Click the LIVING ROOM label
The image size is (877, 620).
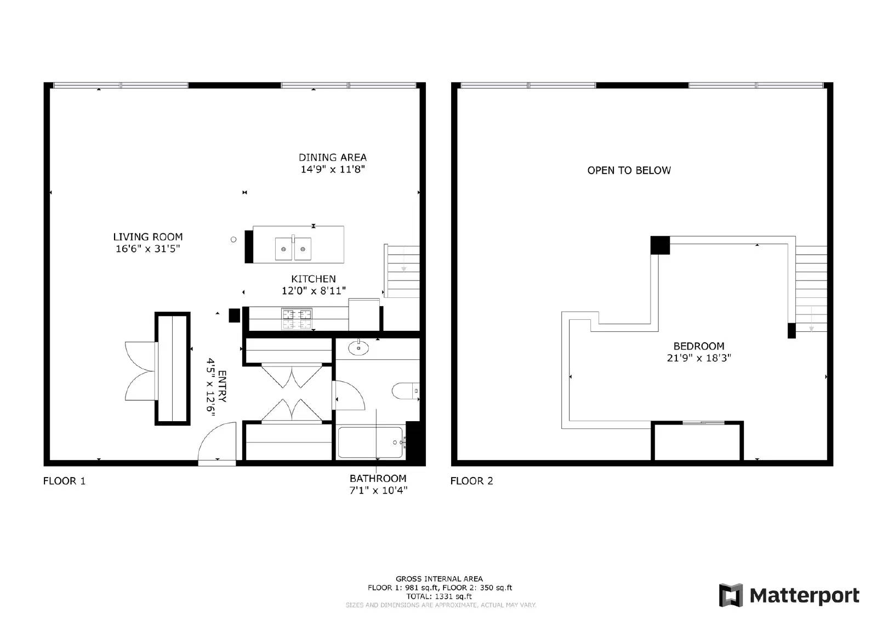[147, 237]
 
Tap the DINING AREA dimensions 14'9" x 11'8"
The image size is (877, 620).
[332, 169]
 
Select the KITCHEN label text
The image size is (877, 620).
[313, 279]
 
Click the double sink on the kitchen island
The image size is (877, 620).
[293, 249]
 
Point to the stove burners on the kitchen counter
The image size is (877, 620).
[297, 319]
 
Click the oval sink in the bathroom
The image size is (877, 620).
[358, 348]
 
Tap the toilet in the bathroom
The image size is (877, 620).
[405, 391]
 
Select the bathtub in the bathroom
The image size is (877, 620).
[371, 443]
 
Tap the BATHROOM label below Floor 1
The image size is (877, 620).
[378, 478]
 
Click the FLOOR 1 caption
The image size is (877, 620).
[64, 481]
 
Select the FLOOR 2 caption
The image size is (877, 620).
[471, 481]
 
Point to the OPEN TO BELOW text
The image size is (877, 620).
[629, 170]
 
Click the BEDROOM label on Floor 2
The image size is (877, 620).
[698, 346]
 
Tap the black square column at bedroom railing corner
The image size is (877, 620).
[660, 245]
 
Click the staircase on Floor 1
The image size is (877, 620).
[402, 271]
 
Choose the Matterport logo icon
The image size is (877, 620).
[731, 595]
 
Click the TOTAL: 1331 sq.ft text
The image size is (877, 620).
[438, 596]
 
